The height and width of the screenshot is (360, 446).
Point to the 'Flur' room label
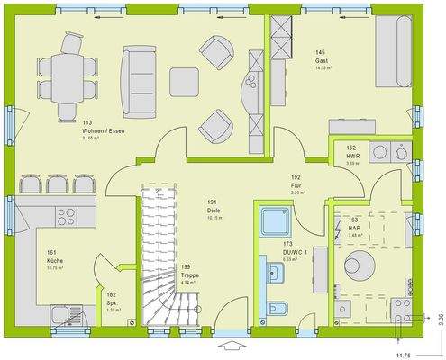pyautogui.click(x=296, y=184)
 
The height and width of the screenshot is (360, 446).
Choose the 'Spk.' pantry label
pyautogui.click(x=112, y=301)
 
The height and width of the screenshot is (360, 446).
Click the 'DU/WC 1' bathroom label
pyautogui.click(x=298, y=251)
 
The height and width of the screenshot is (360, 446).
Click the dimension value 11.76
pyautogui.click(x=407, y=352)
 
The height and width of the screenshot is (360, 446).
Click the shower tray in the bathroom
pyautogui.click(x=272, y=220)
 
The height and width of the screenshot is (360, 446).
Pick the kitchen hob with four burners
pyautogui.click(x=67, y=217)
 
